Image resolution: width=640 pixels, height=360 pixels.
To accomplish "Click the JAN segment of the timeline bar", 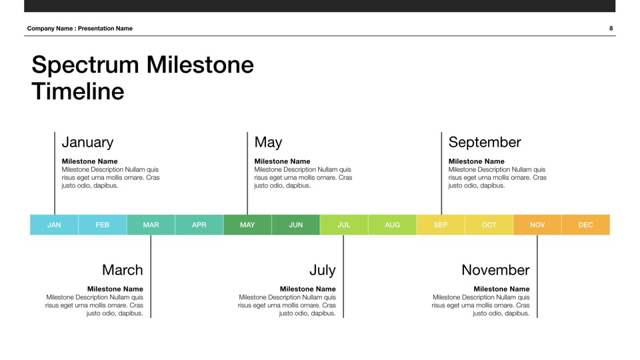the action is click(54, 225).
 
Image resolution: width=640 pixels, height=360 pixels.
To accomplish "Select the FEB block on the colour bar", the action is click(103, 225).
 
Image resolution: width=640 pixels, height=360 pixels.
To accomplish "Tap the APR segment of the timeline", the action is click(199, 225).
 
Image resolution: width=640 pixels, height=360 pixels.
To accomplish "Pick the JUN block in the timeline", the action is click(296, 225).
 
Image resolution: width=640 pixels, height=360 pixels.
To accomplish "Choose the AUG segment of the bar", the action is click(392, 225).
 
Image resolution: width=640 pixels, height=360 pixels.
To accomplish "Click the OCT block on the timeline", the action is click(489, 225).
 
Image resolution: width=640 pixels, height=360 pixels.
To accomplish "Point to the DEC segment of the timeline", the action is click(586, 225).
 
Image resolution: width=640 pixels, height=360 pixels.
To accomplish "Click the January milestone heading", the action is click(87, 143).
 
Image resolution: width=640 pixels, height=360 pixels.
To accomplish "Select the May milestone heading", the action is click(268, 143).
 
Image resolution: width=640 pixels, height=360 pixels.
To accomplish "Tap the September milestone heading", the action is click(485, 143).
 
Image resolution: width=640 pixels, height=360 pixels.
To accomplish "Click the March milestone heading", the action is click(123, 270).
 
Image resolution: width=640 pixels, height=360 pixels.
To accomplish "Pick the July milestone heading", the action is click(323, 270).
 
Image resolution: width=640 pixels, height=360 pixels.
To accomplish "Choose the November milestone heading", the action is click(495, 270).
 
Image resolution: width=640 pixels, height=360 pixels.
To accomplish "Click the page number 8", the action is click(611, 28).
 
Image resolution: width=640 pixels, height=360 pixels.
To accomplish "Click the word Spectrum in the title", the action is click(85, 65).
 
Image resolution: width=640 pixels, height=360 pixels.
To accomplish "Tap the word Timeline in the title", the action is click(78, 91).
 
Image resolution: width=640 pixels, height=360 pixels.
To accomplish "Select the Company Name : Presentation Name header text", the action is click(79, 28).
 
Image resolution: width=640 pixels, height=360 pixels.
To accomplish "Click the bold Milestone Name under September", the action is click(476, 161).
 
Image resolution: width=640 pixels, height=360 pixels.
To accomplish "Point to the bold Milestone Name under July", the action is click(308, 289).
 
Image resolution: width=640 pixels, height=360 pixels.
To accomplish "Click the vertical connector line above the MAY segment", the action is click(247, 173).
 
